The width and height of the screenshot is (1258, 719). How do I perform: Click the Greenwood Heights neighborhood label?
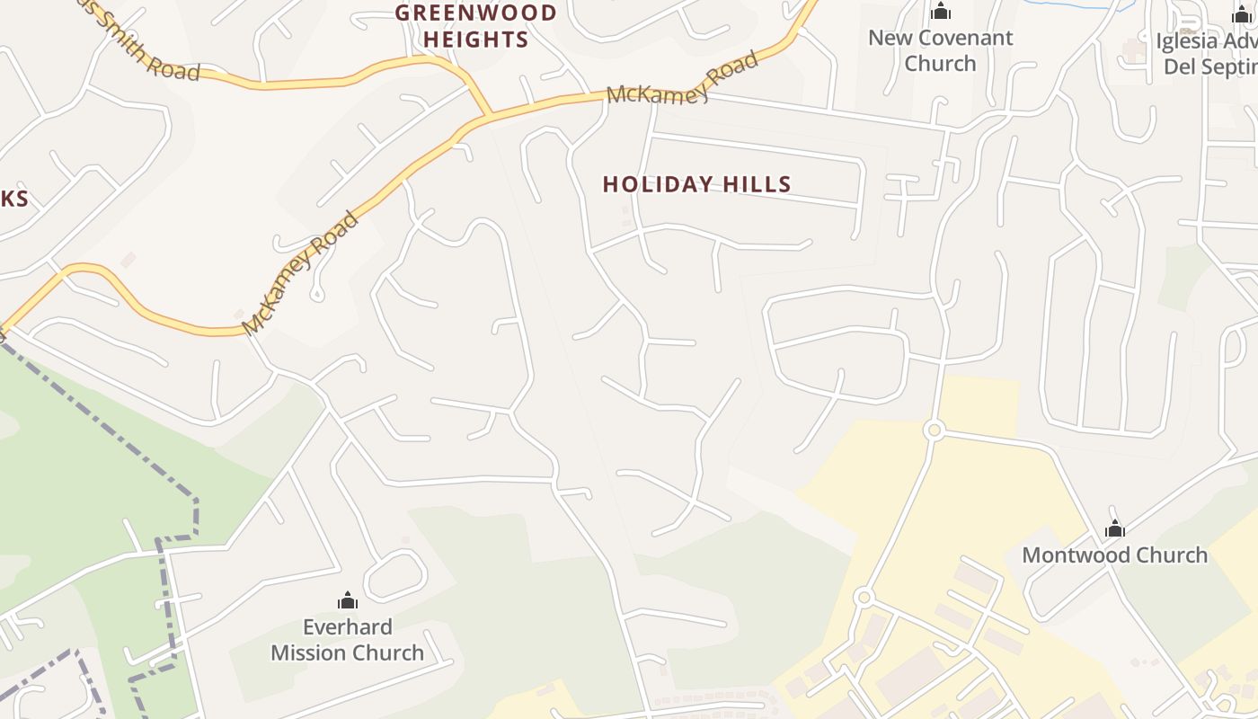(x=476, y=26)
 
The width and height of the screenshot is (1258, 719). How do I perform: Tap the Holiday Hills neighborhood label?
(x=696, y=184)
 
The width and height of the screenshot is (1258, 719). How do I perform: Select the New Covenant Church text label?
(x=940, y=50)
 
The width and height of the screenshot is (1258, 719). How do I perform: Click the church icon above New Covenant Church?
(x=941, y=12)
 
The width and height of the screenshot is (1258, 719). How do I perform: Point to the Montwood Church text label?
(x=1114, y=555)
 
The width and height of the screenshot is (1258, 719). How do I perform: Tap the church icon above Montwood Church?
(x=1115, y=528)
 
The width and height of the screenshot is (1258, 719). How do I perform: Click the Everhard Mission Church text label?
(x=348, y=640)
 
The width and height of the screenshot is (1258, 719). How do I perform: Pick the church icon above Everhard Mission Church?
(x=348, y=600)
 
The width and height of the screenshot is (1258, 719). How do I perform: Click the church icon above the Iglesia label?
(x=1242, y=13)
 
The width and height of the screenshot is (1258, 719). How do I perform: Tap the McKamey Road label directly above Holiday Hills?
(x=682, y=80)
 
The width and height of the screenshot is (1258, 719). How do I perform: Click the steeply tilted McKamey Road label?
(x=300, y=273)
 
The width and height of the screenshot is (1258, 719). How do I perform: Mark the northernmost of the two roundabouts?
(x=934, y=431)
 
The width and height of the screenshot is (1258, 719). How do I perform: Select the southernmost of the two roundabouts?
(x=864, y=597)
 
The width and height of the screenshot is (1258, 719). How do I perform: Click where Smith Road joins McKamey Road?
(x=491, y=116)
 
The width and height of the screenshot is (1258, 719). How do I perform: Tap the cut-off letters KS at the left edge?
(x=13, y=199)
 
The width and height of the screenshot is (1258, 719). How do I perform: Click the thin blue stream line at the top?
(x=1069, y=5)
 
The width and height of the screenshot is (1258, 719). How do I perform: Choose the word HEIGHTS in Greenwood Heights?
(x=476, y=40)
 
